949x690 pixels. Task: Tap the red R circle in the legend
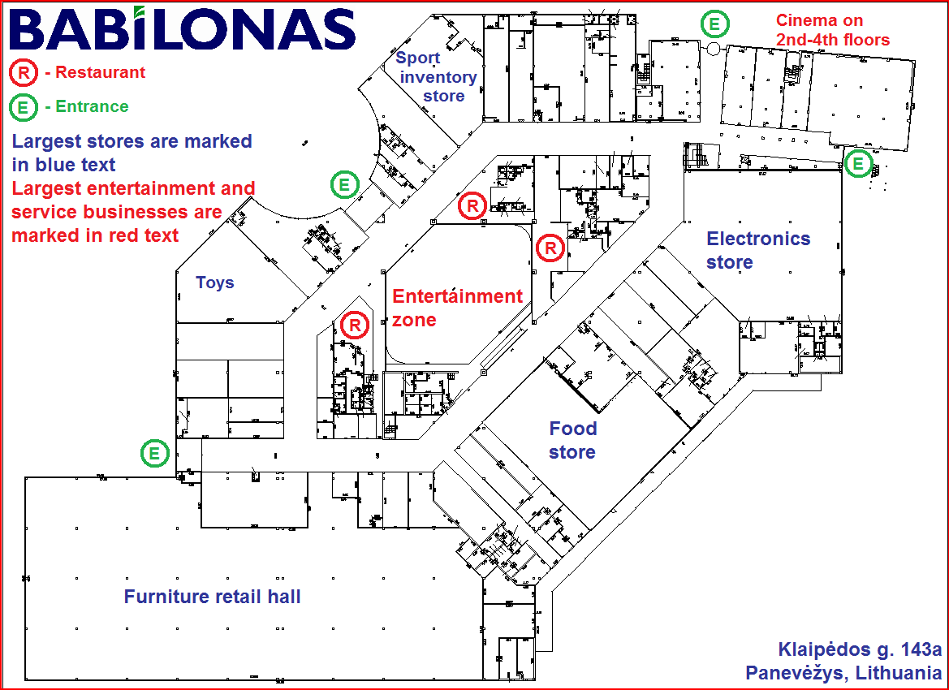point(24,73)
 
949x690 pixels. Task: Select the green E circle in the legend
point(24,107)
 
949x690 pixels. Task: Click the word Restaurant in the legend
point(101,72)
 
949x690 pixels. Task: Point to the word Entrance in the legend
point(92,106)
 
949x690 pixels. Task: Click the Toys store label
point(215,282)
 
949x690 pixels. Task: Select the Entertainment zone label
point(457,307)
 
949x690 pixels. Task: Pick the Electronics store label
point(757,250)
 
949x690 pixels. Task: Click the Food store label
point(572,440)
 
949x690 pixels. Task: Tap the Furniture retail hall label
point(212,597)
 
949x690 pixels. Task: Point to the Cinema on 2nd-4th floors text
point(832,30)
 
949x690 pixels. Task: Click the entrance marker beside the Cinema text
point(714,24)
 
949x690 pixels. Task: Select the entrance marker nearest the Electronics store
point(857,165)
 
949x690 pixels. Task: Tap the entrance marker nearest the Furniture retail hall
point(154,453)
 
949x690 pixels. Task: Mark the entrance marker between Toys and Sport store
point(344,185)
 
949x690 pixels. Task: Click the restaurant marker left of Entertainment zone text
point(355,326)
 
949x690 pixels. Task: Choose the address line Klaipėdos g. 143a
point(860,649)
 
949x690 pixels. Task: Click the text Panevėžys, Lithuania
point(843,673)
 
